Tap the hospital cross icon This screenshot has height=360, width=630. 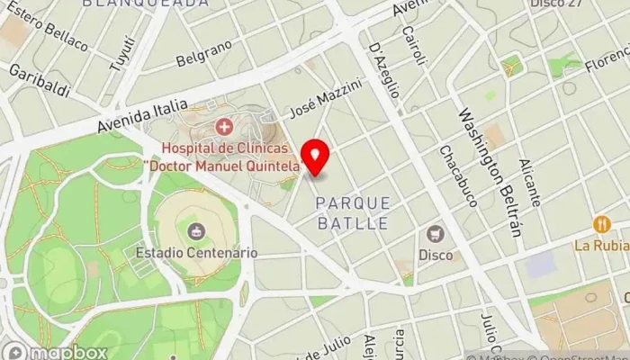(x=222, y=127)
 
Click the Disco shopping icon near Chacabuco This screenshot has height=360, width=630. (x=436, y=233)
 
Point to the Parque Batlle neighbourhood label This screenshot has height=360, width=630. (x=353, y=212)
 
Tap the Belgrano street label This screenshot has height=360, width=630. (x=203, y=53)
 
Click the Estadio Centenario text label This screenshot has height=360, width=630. (x=196, y=253)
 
